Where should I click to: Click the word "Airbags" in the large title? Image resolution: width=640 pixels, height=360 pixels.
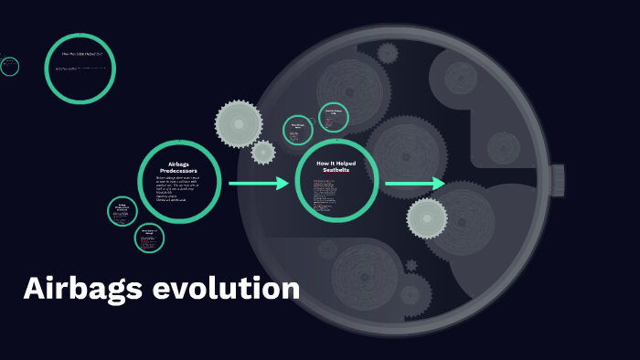(81, 289)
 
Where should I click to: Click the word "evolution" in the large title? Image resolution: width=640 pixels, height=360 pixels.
(226, 289)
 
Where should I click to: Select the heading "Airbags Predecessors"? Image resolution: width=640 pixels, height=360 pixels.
(178, 167)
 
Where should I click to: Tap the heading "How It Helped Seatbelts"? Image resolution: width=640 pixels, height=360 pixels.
(336, 164)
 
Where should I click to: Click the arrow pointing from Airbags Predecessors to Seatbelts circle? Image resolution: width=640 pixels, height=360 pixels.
(258, 184)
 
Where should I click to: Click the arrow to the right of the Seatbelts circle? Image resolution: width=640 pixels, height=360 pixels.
(414, 184)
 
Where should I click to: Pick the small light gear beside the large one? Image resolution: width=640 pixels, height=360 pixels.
(263, 152)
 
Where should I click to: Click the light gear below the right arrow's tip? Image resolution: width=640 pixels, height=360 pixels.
(427, 218)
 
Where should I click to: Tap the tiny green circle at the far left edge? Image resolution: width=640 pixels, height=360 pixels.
(10, 66)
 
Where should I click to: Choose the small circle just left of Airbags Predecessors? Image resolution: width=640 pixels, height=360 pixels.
(123, 212)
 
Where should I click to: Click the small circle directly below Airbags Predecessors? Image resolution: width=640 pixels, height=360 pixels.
(149, 238)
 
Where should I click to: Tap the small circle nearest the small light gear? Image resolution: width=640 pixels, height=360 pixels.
(298, 130)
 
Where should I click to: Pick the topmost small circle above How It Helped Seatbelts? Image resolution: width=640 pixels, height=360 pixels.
(334, 118)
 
